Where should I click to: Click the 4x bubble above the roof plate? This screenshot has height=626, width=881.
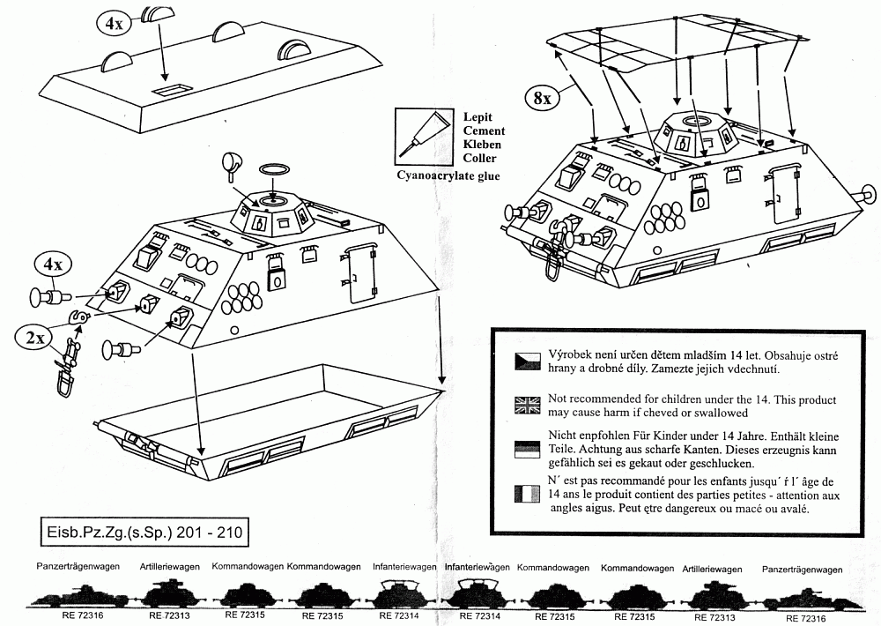coord(114,24)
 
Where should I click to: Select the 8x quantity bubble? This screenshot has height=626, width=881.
coord(541,98)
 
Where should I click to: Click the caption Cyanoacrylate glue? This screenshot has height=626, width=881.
coord(446,175)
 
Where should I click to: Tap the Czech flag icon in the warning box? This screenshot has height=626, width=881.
coord(528,360)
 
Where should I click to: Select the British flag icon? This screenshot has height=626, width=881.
coord(528,405)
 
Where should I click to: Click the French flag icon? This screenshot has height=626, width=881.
coord(528,495)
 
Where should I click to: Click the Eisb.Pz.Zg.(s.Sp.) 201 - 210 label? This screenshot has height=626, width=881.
coord(146,533)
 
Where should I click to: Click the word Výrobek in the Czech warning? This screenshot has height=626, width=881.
coord(572,352)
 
